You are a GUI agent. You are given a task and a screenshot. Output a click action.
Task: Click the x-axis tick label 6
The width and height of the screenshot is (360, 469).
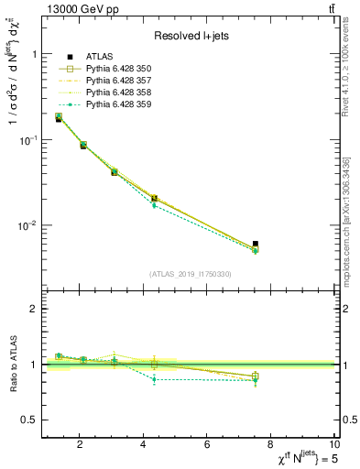tap(208, 444)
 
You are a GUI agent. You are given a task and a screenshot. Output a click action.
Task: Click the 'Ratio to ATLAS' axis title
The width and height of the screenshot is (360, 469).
tap(13, 364)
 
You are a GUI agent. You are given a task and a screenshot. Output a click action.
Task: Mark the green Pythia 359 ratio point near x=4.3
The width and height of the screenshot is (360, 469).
tap(154, 379)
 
